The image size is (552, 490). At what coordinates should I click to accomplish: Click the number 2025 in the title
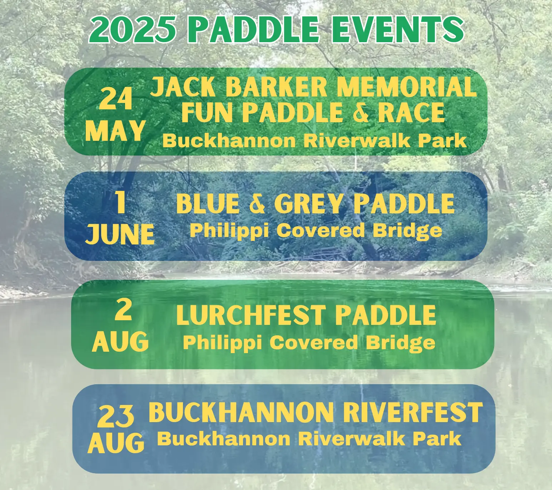pos(133,29)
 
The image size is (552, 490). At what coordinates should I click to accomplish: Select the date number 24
pos(115,99)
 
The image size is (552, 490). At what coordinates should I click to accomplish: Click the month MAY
pos(115,131)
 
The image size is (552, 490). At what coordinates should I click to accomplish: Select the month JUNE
pos(120,234)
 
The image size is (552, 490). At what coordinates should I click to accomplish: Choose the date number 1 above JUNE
pos(120,202)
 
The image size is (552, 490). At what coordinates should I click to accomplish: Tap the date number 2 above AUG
pos(123,310)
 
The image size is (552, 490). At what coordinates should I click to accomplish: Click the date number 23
pos(116,416)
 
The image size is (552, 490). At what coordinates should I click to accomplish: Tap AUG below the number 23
pos(116,443)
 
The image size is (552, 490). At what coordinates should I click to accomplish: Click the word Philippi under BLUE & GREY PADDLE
pos(229,231)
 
